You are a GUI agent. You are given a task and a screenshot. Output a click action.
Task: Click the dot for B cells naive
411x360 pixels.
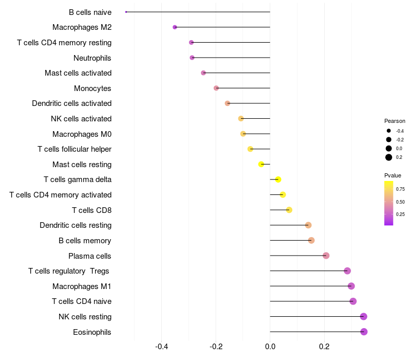[x=126, y=12]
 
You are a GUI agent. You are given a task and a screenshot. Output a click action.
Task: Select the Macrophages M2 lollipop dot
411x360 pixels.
[x=175, y=27]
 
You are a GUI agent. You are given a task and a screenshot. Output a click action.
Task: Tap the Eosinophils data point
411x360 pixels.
[x=364, y=332]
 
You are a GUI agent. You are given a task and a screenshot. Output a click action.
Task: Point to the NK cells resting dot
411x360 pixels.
[x=364, y=316]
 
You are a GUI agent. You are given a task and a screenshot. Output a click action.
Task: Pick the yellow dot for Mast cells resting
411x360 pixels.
[x=261, y=165]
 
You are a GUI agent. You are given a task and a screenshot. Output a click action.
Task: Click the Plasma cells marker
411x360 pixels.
[x=326, y=256]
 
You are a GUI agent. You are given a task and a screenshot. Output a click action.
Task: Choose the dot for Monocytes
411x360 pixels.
[x=216, y=88]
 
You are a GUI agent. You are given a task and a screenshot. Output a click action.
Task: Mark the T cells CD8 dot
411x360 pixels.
[x=289, y=210]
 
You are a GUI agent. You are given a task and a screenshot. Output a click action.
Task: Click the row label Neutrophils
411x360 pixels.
[x=92, y=58]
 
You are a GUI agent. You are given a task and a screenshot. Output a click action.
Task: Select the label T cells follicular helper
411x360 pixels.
[x=74, y=149]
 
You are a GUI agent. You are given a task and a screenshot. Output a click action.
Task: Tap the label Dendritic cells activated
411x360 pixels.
[x=72, y=103]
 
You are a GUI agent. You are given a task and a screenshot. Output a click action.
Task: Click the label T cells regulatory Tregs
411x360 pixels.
[x=69, y=271]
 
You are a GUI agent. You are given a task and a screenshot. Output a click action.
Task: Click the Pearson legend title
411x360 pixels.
[x=395, y=121]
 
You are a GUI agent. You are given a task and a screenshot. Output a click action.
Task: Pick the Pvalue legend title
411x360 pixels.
[x=393, y=175]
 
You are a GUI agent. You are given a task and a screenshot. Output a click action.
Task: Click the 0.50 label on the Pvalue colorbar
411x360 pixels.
[x=400, y=202]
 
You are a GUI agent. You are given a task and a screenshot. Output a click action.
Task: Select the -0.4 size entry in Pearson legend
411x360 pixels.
[x=399, y=131]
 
